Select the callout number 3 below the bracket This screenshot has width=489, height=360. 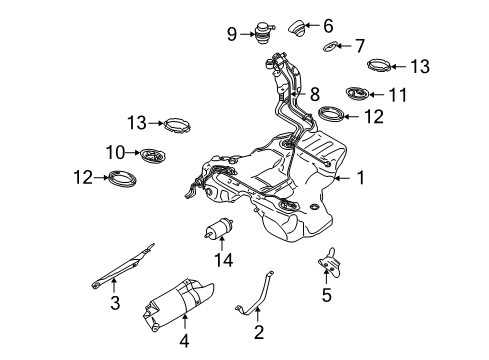tap(115, 302)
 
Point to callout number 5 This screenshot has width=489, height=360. tap(326, 297)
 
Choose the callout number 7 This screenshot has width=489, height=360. tap(361, 46)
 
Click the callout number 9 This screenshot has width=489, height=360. tap(232, 35)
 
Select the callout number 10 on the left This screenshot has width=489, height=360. tap(115, 153)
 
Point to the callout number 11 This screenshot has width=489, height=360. tap(402, 95)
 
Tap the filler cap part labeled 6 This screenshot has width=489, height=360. tap(299, 26)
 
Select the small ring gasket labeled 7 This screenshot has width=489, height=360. tap(332, 47)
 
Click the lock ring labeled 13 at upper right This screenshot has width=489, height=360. tap(381, 68)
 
